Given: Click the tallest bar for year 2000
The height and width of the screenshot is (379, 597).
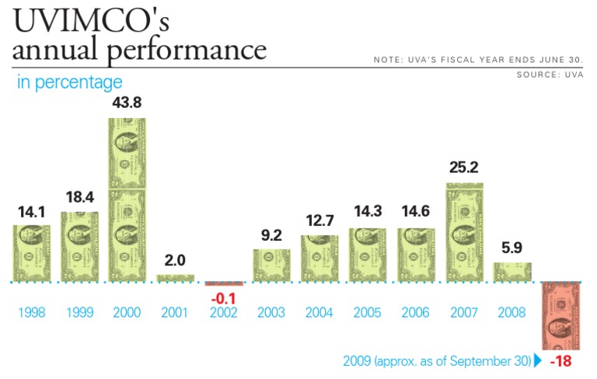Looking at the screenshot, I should coord(127,200).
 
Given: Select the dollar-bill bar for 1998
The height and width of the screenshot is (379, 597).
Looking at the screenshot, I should coord(32,253).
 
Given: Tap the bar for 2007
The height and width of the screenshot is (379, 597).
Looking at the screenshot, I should coord(465,232).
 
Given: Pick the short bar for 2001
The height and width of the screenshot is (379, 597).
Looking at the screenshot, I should coord(176,277).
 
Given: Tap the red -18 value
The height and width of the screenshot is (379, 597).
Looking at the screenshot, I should coord(561,362).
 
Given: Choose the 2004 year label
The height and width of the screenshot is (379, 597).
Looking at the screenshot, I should coord(319,313).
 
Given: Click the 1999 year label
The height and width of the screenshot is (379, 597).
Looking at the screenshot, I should coord(79,313).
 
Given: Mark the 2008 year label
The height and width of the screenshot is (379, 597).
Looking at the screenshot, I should coord(512,313).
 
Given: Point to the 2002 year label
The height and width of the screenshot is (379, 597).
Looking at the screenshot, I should coord(224,313).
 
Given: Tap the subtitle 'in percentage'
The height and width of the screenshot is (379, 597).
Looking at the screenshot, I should coord(70,82).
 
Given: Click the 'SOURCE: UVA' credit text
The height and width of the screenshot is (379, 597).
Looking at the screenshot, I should coord(550,75).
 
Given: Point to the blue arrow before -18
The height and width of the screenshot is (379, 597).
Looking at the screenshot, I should coord(538,361).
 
